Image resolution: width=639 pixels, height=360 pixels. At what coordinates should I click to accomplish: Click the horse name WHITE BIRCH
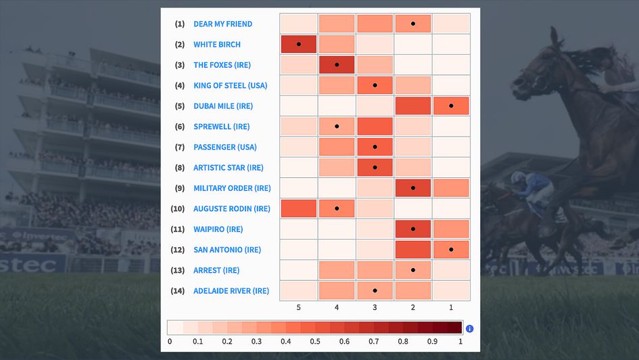[217, 45]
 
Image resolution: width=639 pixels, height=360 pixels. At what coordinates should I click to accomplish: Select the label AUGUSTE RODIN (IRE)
[231, 208]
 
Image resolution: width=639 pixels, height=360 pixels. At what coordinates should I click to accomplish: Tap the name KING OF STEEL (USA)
[230, 85]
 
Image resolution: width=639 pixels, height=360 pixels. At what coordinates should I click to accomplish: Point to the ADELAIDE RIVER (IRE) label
[231, 291]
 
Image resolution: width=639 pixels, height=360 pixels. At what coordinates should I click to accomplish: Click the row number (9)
[179, 188]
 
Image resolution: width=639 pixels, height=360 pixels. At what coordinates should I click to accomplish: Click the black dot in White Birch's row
[298, 45]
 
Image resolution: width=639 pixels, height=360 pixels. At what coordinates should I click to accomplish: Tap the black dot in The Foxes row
[337, 65]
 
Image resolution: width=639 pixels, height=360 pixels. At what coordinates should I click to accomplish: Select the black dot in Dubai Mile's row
[451, 106]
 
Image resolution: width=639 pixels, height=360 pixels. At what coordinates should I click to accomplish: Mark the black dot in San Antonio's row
[451, 250]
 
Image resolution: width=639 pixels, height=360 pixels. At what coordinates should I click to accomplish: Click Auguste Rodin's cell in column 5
[298, 208]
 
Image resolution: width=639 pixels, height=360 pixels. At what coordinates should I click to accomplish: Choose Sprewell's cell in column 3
[375, 127]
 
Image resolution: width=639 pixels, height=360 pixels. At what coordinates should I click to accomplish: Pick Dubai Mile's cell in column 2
[412, 106]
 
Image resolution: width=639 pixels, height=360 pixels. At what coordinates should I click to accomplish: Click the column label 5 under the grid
[298, 307]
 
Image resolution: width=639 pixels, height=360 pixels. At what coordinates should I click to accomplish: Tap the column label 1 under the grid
[451, 307]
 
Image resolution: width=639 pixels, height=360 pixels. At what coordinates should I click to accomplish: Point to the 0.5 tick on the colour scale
[315, 342]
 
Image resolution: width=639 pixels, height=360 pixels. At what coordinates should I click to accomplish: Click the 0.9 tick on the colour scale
[432, 342]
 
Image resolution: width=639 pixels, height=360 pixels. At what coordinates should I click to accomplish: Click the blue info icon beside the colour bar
[470, 329]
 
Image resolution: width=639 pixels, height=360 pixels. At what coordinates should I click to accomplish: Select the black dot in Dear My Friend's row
[412, 24]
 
